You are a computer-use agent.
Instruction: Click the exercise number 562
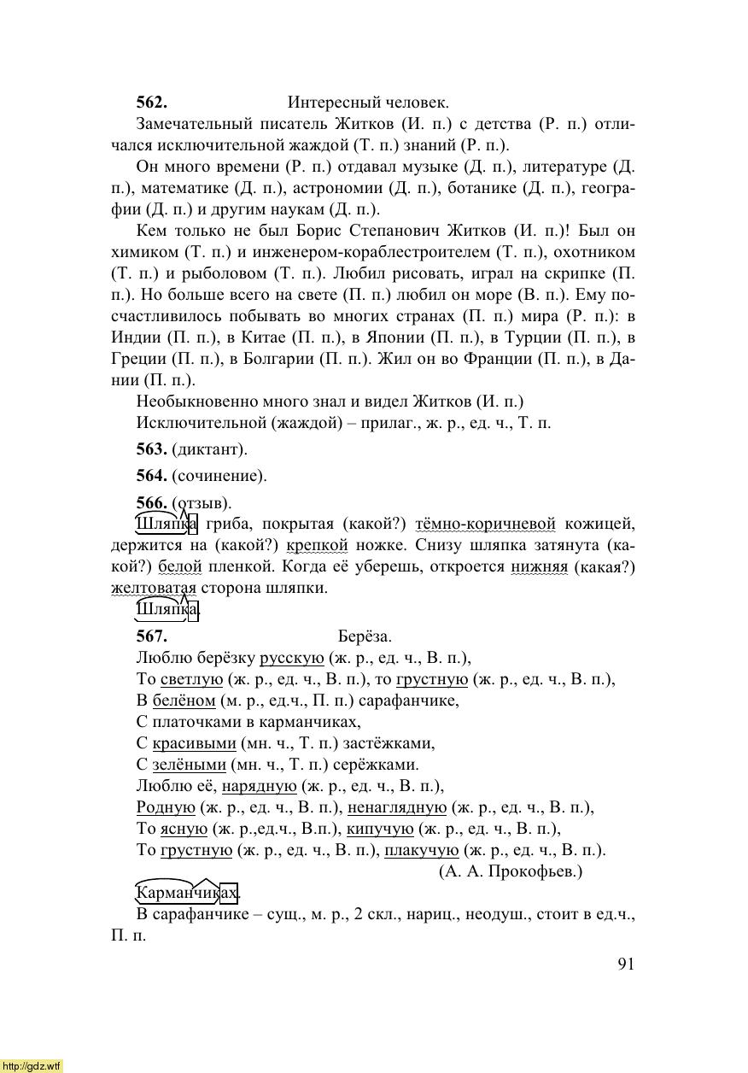(x=151, y=103)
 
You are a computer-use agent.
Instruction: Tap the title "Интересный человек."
(x=368, y=103)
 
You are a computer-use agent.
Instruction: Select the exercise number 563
(x=151, y=449)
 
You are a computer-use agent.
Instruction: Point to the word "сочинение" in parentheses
(x=219, y=476)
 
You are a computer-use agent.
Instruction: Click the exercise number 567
(x=151, y=636)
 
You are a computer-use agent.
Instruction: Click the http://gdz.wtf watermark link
(x=32, y=1065)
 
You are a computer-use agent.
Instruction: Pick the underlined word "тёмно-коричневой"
(x=485, y=524)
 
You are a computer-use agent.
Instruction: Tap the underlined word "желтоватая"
(x=154, y=588)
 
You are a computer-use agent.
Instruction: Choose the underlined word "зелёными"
(x=189, y=765)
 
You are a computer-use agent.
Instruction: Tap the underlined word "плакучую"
(x=422, y=850)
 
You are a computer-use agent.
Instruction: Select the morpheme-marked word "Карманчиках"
(x=187, y=894)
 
